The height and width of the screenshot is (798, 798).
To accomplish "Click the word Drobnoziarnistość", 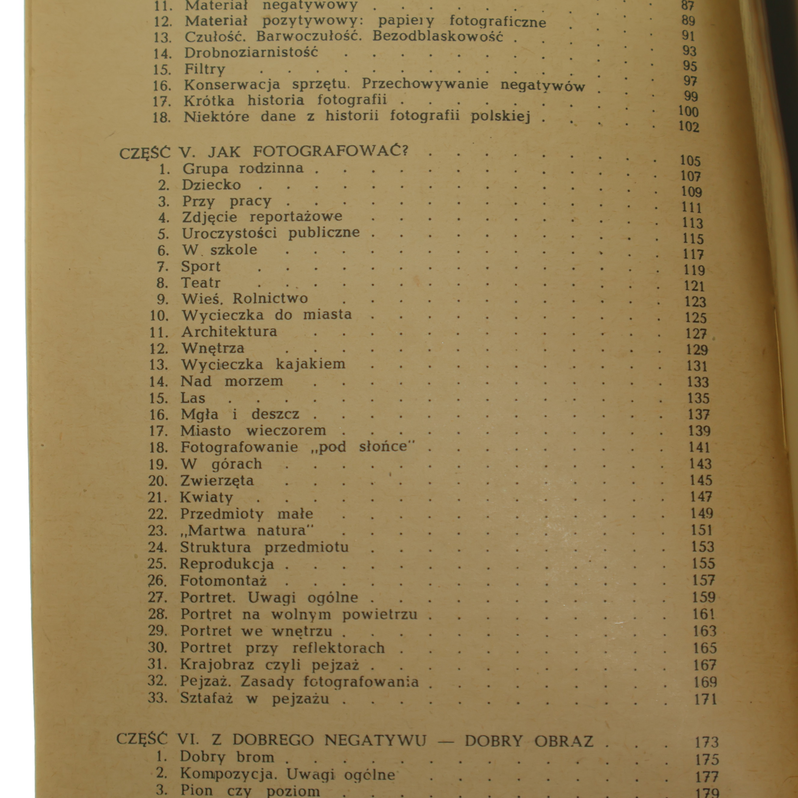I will point(251,53).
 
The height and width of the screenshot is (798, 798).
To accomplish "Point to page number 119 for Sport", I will point(694,270).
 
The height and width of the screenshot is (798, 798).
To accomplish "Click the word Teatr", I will point(201,283).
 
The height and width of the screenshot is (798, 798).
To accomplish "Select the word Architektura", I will point(229,332).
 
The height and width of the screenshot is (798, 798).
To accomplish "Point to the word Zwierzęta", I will point(217,481).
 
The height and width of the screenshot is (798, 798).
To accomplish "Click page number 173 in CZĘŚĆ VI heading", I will point(706,742).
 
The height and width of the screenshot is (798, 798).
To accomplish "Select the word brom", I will point(255,757).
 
